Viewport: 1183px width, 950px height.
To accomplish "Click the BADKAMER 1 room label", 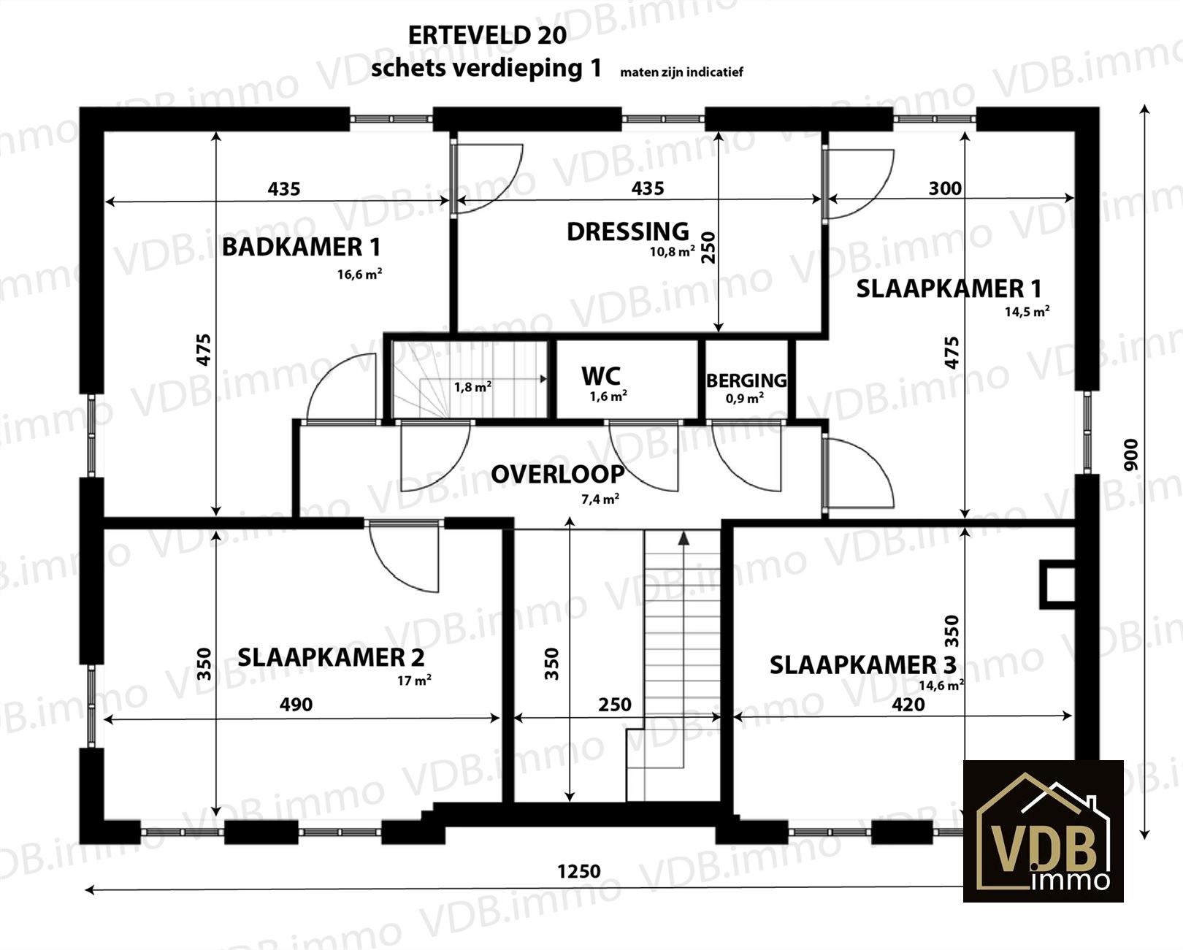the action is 302,247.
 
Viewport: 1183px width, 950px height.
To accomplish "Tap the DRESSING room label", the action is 628,231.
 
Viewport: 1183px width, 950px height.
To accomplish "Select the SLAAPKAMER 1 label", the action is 949,288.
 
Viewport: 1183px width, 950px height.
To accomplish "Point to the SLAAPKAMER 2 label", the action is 330,657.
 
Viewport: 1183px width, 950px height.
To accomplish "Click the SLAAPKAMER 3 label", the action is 862,665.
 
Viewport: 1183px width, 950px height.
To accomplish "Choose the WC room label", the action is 601,377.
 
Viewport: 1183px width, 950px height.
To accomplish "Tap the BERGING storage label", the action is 746,380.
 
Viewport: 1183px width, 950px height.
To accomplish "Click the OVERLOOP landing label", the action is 557,475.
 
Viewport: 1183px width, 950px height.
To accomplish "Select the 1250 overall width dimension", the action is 579,871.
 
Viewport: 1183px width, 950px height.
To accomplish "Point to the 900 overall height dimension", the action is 1130,455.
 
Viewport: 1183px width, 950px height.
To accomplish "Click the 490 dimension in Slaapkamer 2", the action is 296,704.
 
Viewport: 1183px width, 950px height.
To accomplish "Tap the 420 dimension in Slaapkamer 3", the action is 908,704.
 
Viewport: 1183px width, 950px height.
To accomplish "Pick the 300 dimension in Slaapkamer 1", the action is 945,188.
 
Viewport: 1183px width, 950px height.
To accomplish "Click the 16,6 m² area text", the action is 359,274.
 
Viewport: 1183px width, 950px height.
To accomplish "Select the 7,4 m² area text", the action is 600,499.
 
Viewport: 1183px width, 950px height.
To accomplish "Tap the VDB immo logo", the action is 1044,831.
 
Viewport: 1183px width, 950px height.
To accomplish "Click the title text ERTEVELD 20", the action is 487,36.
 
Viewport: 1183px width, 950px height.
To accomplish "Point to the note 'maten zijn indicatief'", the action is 681,72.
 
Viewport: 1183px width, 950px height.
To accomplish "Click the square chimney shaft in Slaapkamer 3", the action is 1057,584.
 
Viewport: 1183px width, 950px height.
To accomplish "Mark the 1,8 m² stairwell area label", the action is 472,387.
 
